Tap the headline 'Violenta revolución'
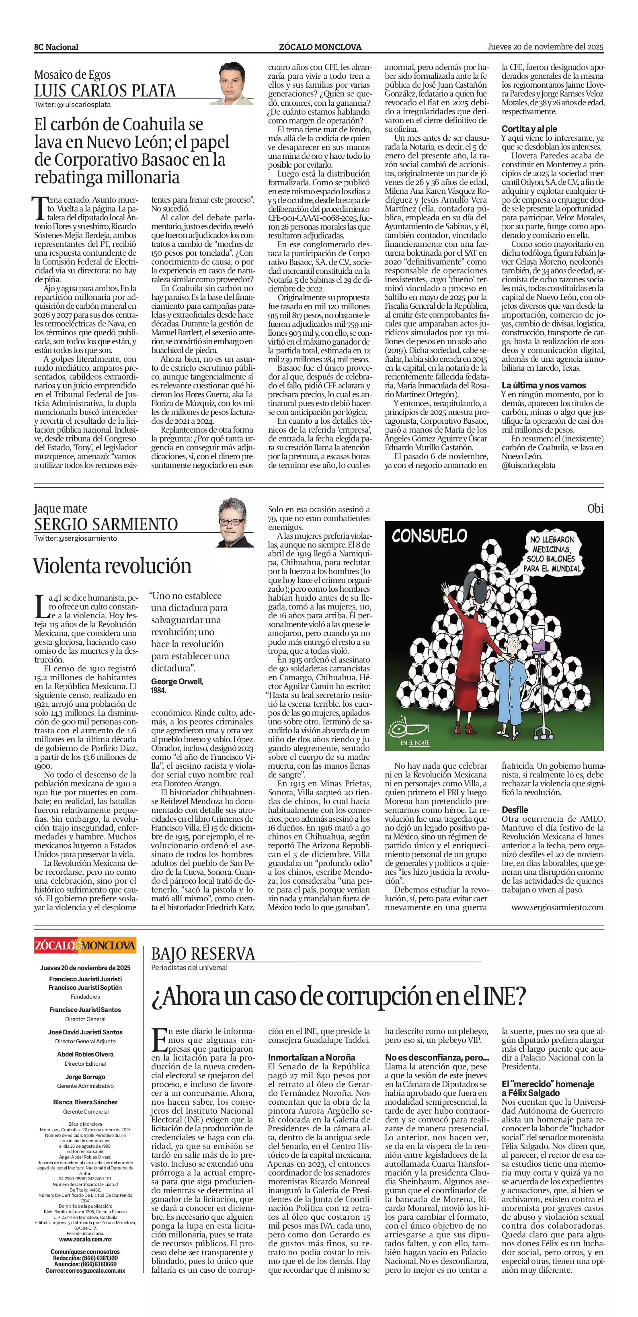(113, 566)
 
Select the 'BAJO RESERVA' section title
(203, 954)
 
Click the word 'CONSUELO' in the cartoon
(429, 535)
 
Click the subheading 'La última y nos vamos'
(544, 386)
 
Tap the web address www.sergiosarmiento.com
(557, 907)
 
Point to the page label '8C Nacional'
(56, 47)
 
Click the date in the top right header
(545, 47)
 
